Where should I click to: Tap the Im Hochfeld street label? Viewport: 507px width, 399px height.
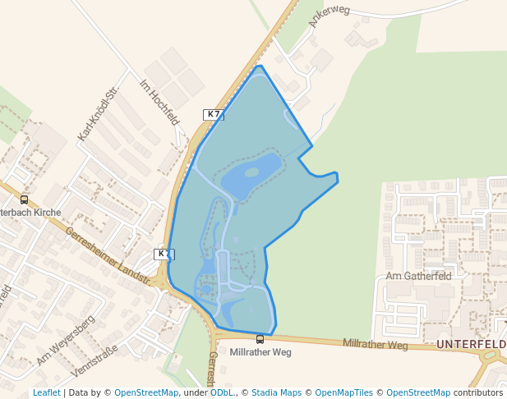(160, 102)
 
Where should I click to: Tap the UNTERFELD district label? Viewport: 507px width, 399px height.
(471, 343)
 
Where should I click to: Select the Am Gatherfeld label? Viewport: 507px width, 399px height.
(419, 277)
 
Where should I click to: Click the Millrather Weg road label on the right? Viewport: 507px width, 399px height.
(376, 344)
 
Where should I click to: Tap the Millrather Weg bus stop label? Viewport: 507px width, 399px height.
(260, 352)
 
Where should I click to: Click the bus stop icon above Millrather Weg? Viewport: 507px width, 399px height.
(260, 339)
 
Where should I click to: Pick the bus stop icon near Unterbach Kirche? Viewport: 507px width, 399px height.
(24, 199)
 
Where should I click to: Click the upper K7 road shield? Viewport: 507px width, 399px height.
(214, 115)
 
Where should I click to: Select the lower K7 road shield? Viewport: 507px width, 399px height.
(164, 255)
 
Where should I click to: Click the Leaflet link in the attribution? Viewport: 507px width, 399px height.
(47, 392)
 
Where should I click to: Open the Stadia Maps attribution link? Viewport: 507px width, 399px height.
(276, 392)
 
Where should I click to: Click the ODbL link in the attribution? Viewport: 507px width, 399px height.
(221, 392)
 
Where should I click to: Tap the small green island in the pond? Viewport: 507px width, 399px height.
(251, 172)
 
